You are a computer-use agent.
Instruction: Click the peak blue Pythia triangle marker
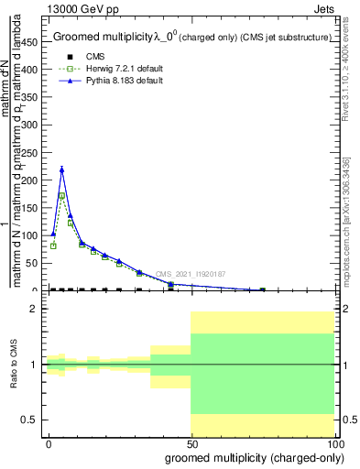pos(61,169)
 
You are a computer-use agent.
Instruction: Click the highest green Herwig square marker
pos(61,195)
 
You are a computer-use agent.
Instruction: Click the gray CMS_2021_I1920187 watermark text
pos(190,273)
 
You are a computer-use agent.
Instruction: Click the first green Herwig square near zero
pos(53,245)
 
